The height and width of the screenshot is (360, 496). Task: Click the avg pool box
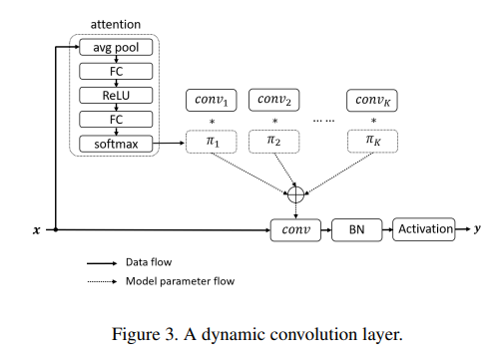point(116,48)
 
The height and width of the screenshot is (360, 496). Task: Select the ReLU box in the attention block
point(116,96)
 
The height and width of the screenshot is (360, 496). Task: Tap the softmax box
point(116,144)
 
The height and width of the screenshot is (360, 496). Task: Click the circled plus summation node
point(295,193)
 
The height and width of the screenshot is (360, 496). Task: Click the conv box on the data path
point(294,230)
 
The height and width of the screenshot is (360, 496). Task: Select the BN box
point(356,230)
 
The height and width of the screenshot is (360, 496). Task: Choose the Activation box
point(424,229)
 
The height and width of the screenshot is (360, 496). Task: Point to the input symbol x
point(37,230)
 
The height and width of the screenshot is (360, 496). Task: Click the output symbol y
point(476,229)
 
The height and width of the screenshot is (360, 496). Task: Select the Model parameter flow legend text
point(180,281)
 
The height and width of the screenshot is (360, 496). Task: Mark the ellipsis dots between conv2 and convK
point(323,119)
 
